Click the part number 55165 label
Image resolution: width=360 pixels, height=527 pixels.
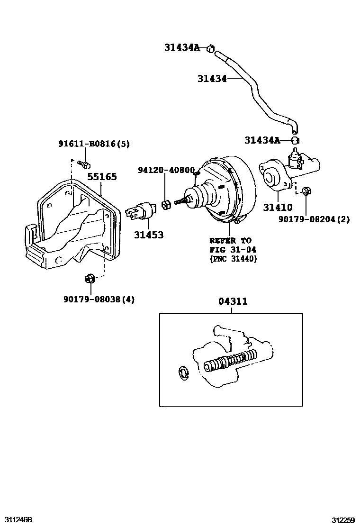[x=102, y=177]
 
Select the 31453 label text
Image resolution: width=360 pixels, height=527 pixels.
[x=148, y=235]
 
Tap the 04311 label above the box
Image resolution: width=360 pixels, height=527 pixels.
[x=233, y=301]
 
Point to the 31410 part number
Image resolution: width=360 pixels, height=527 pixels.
[x=278, y=207]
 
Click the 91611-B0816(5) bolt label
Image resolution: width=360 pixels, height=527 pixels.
[x=94, y=144]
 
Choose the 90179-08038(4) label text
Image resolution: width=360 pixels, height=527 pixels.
[x=99, y=300]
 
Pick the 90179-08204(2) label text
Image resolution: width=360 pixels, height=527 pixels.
[x=314, y=219]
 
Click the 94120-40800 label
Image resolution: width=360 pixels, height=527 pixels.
[x=166, y=170]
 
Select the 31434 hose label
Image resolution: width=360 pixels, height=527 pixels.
[x=212, y=79]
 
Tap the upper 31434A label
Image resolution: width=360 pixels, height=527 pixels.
[x=182, y=47]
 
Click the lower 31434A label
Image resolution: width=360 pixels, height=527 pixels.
[x=262, y=140]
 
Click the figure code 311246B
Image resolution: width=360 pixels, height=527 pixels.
[x=18, y=519]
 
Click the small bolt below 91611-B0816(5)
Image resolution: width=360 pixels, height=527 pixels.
[x=85, y=164]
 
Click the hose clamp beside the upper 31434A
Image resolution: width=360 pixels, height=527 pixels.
[x=211, y=48]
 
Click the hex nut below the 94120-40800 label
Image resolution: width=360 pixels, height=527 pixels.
[x=166, y=205]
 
